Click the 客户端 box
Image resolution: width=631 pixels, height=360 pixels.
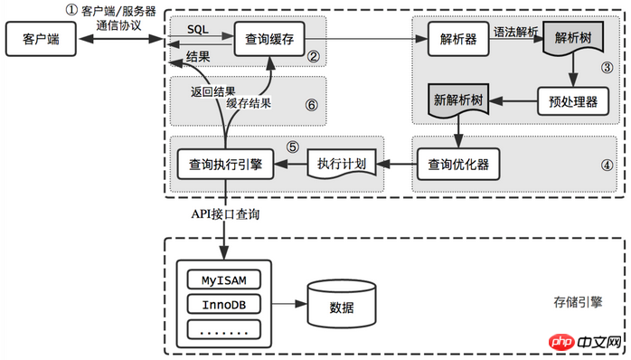coord(41,40)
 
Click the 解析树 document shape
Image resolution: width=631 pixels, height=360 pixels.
coord(572,42)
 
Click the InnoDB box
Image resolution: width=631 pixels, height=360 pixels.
coord(222,302)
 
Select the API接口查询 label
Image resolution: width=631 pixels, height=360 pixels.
coord(223,213)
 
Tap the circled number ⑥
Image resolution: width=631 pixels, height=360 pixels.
coord(311,105)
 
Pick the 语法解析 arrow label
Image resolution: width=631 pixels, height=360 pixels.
coord(517,31)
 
